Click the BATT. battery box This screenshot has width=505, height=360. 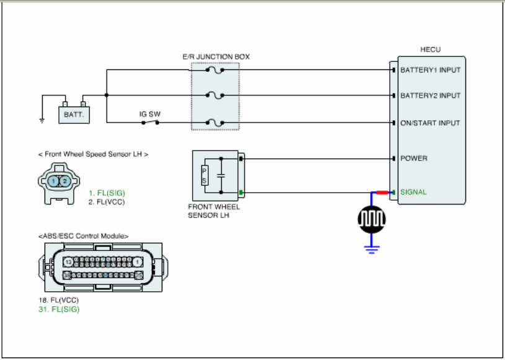click(x=74, y=115)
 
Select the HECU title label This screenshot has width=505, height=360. click(x=430, y=50)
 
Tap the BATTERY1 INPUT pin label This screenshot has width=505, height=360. click(x=430, y=70)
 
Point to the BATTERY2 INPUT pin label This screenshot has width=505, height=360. click(x=430, y=95)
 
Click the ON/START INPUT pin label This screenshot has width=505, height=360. click(x=430, y=123)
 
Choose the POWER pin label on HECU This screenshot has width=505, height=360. click(x=414, y=159)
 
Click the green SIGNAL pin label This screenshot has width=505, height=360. click(x=413, y=192)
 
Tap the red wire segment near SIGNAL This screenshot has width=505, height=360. click(x=382, y=193)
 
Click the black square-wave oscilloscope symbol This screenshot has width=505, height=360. click(x=372, y=219)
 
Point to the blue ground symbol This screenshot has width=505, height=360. click(x=372, y=249)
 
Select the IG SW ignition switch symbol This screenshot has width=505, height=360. click(x=151, y=122)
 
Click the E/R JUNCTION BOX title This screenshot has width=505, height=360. click(x=216, y=57)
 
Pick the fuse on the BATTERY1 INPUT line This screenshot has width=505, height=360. click(x=215, y=70)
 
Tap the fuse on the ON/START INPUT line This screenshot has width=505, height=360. click(x=215, y=123)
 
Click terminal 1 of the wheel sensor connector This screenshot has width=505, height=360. click(x=53, y=182)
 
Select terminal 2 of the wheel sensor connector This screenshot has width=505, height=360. click(x=64, y=182)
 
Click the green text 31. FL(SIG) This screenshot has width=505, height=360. click(x=59, y=309)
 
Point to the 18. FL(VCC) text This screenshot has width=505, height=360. click(x=59, y=300)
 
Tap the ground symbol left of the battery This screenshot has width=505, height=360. click(x=42, y=121)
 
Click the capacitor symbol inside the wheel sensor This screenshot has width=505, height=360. click(x=221, y=176)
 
